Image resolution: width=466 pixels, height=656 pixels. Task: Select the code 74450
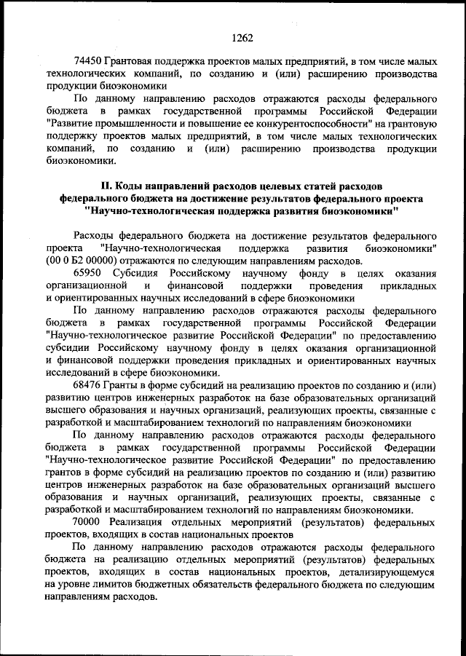tap(89, 61)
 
